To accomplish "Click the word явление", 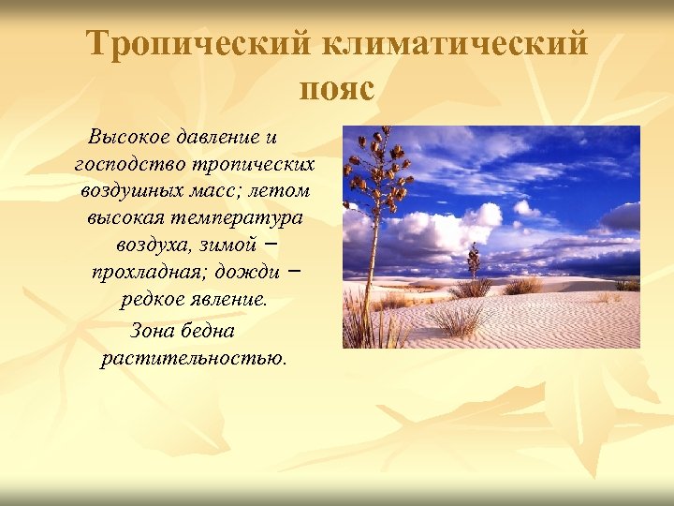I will (x=224, y=301).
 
